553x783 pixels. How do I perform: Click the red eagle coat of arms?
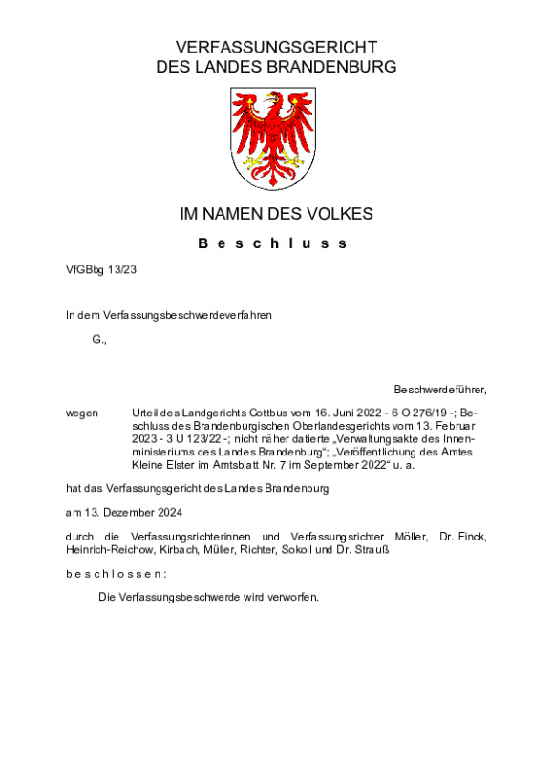click(x=276, y=138)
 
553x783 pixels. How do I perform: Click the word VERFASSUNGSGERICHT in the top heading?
click(x=276, y=48)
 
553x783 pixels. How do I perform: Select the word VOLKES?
click(x=342, y=214)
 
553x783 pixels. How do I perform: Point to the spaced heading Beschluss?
click(x=273, y=243)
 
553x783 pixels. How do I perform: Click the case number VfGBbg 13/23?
click(x=101, y=271)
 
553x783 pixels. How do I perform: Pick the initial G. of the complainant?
click(x=99, y=340)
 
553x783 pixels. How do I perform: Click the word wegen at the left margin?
click(x=82, y=412)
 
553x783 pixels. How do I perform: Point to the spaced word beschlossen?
click(x=116, y=574)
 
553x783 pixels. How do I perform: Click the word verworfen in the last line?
click(x=293, y=597)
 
